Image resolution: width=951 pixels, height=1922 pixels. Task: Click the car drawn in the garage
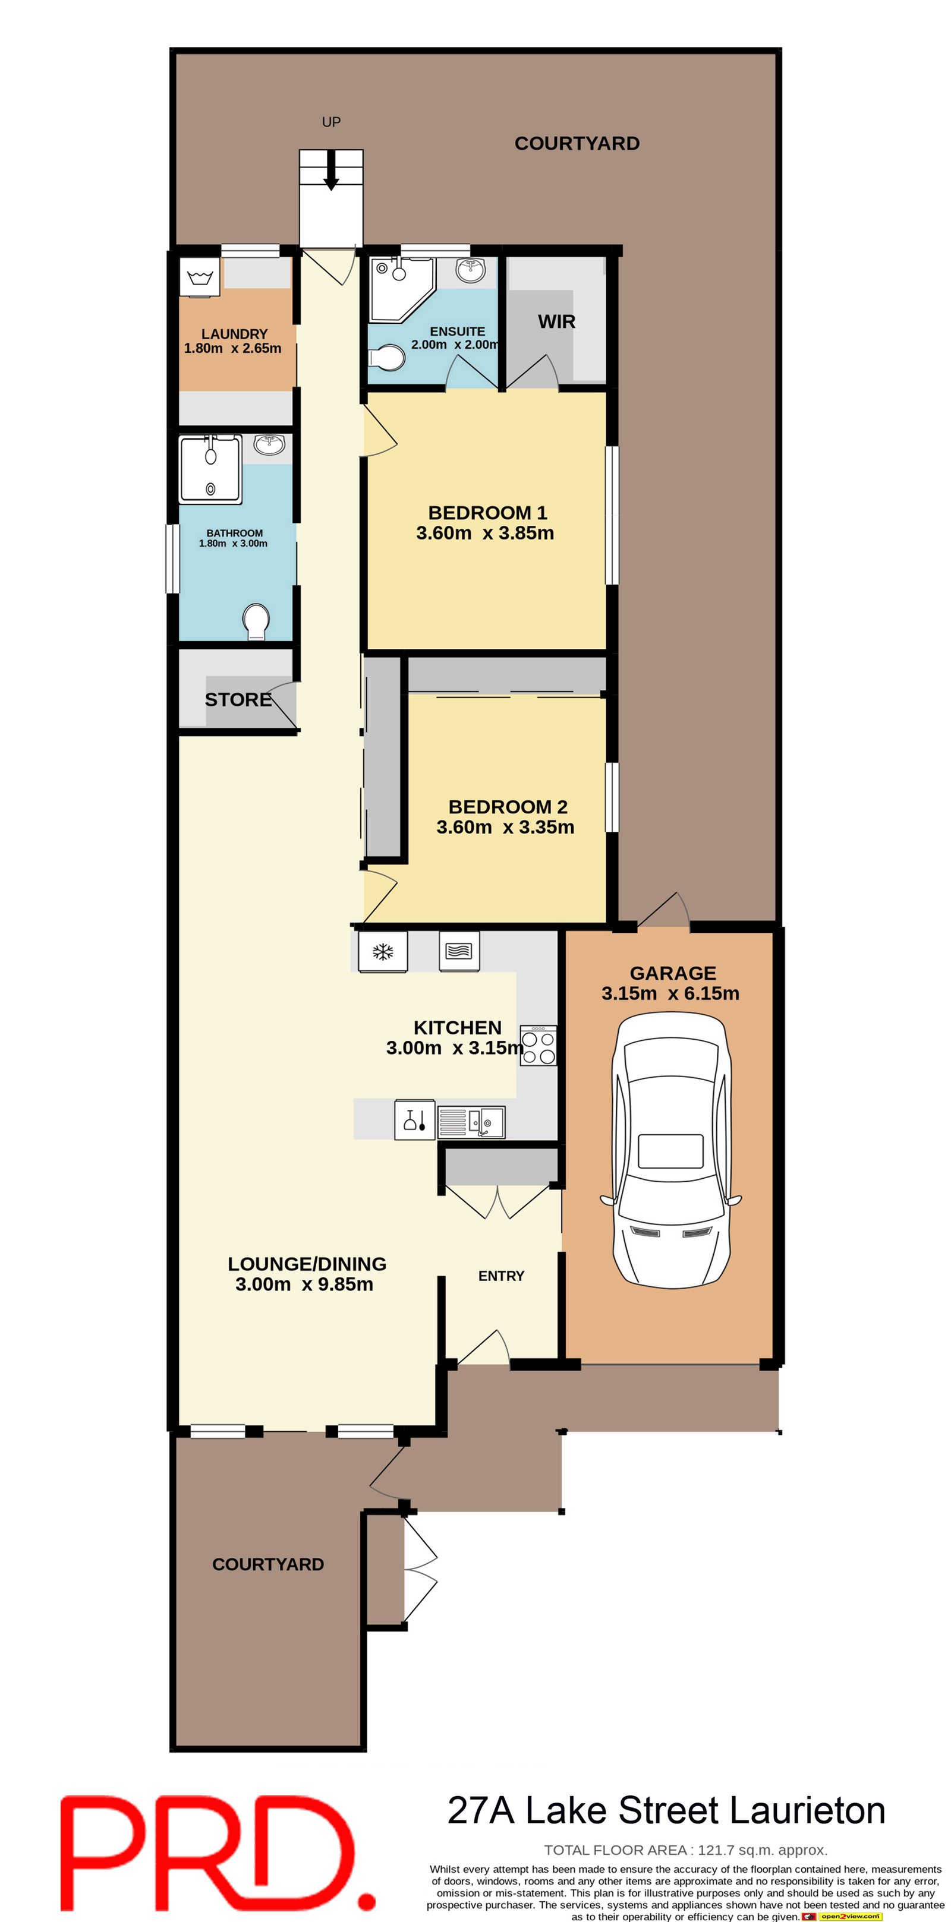pos(671,1148)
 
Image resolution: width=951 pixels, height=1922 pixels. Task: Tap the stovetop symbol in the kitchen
pos(538,1044)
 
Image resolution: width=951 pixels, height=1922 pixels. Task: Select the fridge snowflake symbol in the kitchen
pos(383,951)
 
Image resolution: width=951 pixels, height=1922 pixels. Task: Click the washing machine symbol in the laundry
pos(199,278)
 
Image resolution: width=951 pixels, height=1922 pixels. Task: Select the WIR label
pos(557,321)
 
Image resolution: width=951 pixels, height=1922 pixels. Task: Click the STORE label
pos(238,699)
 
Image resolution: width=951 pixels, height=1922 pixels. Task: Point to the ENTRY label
pos(501,1276)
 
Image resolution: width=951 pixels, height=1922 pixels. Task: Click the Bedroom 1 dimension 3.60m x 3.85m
pos(485,533)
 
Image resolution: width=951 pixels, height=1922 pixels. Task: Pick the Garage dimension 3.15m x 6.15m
pos(670,993)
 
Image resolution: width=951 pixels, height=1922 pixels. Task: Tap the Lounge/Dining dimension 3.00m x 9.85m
pos(304,1284)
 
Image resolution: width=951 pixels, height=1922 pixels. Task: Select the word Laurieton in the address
pos(807,1811)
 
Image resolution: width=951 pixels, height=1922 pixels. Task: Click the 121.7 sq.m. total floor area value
pos(762,1850)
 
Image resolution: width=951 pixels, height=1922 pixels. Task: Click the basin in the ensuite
pos(471,271)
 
